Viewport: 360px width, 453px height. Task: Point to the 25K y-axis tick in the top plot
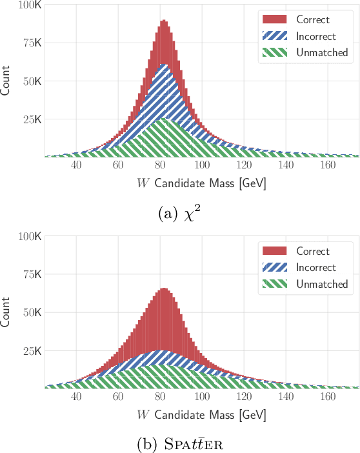pos(32,120)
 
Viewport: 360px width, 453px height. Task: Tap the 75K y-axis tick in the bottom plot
pos(32,274)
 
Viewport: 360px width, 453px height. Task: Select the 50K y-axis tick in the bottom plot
pos(32,312)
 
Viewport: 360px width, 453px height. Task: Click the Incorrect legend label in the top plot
pos(316,37)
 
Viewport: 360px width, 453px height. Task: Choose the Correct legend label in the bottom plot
pos(313,252)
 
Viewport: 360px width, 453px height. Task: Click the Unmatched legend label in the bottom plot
pos(321,285)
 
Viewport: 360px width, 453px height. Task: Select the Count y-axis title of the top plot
pos(6,81)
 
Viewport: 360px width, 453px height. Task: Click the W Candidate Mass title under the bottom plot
pos(201,415)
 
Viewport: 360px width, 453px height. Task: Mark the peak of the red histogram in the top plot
pos(164,20)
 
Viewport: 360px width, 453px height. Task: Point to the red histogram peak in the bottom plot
pos(164,288)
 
